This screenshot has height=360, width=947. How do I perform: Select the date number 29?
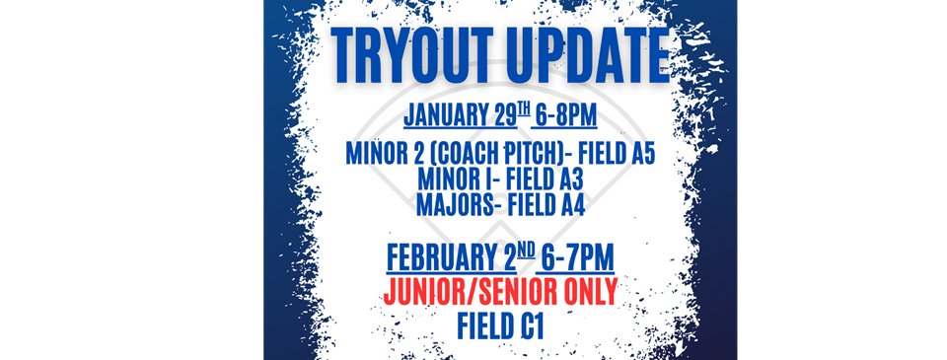pos(505,114)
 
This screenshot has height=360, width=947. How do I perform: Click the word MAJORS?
pos(454,205)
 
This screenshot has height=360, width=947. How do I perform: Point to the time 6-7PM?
pos(578,258)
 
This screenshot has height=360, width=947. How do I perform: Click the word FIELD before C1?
pos(484,326)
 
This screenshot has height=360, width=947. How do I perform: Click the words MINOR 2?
pos(372,154)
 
